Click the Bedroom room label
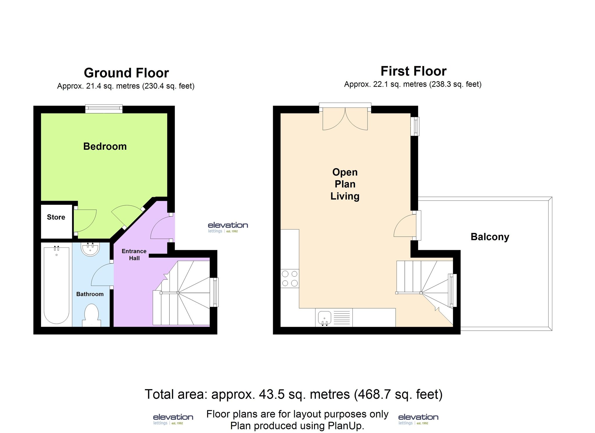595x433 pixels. point(105,146)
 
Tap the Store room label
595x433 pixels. point(56,217)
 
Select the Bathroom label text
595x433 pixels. point(90,294)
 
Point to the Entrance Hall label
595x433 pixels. point(134,254)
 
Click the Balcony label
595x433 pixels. point(490,237)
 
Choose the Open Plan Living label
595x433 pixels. point(345,184)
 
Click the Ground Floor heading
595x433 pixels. point(126,73)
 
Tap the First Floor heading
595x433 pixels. point(413,71)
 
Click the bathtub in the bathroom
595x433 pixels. point(56,285)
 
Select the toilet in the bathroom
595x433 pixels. point(92,315)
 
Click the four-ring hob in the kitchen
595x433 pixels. point(290,278)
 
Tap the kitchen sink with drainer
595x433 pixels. point(334,318)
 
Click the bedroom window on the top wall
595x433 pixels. point(104,109)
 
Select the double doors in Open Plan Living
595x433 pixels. point(345,119)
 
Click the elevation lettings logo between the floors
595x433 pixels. point(228,227)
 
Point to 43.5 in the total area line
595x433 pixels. point(270,394)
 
